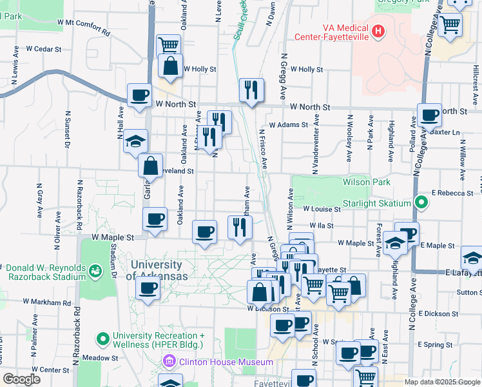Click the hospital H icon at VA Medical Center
tap(378, 30)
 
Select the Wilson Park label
tap(367, 183)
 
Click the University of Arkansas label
tap(160, 270)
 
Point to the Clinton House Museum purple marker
tap(170, 362)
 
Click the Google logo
tap(21, 379)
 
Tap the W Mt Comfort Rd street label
tap(84, 26)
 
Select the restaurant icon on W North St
tap(251, 89)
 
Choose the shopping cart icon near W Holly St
tap(168, 45)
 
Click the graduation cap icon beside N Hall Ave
tap(135, 140)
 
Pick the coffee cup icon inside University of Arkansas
tap(148, 288)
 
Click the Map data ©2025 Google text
tap(442, 382)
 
